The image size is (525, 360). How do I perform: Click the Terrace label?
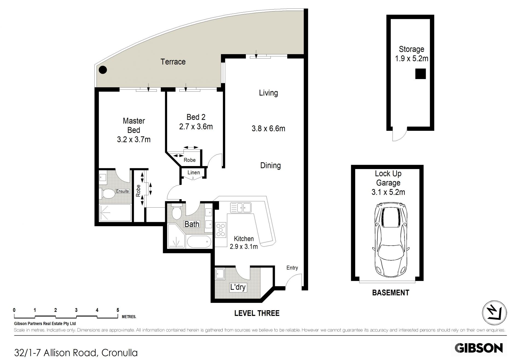173,62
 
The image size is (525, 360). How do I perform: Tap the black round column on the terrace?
103,70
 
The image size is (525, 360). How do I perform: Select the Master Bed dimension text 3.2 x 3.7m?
134,140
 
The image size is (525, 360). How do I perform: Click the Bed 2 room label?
196,117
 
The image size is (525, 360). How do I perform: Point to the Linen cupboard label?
194,173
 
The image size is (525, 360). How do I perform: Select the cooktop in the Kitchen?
221,230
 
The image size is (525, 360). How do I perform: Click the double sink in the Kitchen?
241,207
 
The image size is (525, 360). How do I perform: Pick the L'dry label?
238,287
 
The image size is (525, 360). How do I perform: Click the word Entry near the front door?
292,268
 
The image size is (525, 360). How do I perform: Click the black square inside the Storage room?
421,74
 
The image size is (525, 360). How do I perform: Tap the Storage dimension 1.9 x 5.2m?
412,58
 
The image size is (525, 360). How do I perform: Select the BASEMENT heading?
390,293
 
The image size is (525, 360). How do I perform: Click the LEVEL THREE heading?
257,313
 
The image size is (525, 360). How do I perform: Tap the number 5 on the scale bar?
118,310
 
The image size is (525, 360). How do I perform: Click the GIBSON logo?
479,348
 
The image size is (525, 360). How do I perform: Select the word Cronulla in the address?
119,353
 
